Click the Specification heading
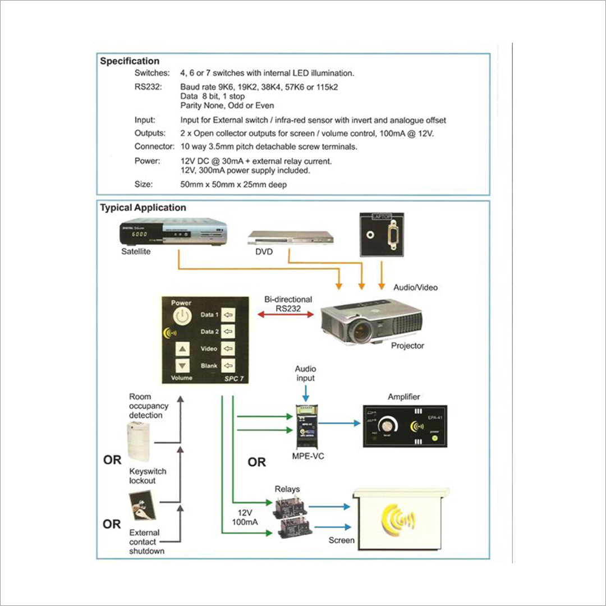point(130,61)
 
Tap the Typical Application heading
point(143,208)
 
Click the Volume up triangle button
point(182,350)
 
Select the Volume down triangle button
point(182,366)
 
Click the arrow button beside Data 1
point(228,314)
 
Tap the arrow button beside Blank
point(228,366)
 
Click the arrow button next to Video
point(228,348)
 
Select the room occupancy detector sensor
point(139,442)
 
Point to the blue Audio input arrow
point(305,394)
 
